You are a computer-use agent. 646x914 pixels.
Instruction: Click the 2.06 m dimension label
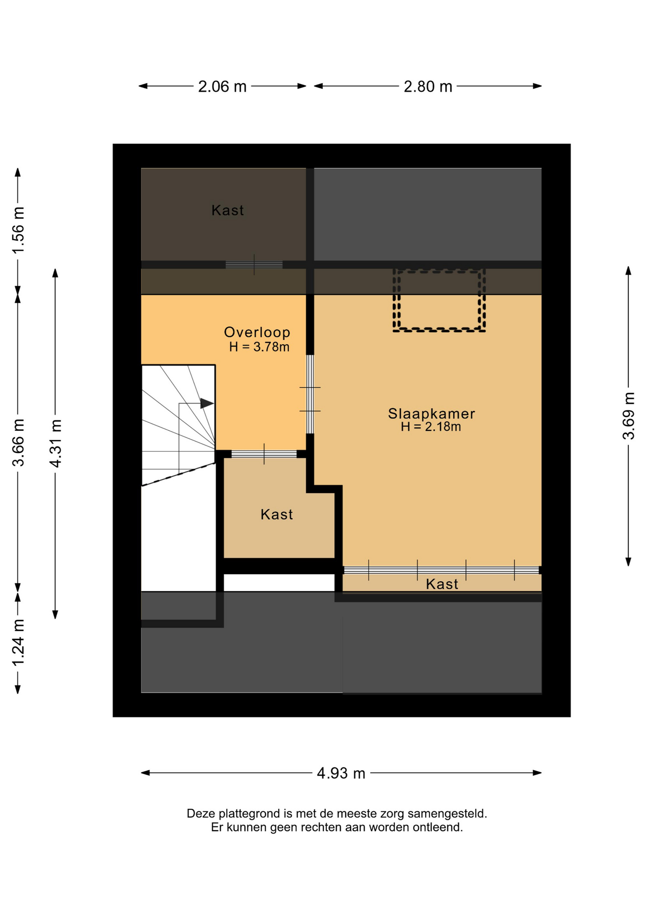222,87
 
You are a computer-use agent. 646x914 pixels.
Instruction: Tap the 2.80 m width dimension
428,87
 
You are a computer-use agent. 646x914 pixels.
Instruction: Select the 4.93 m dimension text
341,773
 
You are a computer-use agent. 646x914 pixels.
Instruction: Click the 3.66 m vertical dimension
18,443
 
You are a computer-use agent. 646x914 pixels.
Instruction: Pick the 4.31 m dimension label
55,443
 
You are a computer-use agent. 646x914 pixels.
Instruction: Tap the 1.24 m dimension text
18,643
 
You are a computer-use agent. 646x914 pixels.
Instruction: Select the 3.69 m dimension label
629,416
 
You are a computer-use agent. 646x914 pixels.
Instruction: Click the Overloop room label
257,332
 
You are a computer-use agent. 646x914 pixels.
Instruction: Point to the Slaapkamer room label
431,414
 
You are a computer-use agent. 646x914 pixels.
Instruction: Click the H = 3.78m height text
259,347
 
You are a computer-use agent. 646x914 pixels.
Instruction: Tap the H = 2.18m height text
431,427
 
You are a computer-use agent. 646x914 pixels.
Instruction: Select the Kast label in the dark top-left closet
227,210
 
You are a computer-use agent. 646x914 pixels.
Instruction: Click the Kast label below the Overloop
276,515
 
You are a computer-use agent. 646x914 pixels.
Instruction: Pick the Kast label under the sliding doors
442,584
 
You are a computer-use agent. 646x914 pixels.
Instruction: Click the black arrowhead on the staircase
207,403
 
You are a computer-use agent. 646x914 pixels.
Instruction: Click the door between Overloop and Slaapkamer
310,394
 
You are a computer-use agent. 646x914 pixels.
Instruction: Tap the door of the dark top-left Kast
254,265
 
